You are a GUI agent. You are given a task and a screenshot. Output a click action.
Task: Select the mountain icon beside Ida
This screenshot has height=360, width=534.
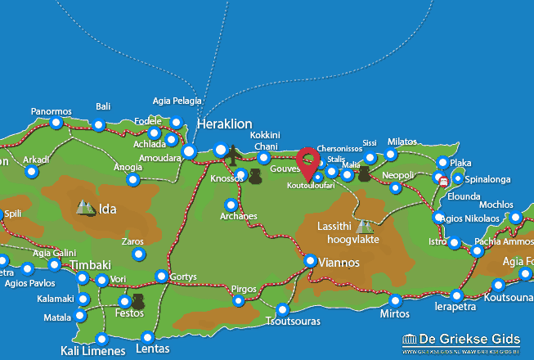point(85,208)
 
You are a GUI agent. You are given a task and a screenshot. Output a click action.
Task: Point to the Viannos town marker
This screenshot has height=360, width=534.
point(311,260)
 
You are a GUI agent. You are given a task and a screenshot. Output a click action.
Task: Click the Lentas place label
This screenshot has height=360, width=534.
point(150,349)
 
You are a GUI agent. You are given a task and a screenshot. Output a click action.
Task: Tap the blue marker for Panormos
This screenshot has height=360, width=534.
point(56,124)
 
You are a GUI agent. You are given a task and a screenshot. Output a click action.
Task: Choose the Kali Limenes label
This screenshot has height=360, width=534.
point(92,352)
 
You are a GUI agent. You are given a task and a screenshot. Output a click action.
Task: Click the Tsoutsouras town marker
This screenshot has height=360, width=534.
point(282,310)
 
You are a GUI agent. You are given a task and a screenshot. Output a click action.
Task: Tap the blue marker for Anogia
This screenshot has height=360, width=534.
point(132,179)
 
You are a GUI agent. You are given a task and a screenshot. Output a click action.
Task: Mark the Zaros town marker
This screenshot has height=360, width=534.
point(137,254)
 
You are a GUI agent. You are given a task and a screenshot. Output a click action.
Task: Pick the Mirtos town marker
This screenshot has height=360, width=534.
point(395,300)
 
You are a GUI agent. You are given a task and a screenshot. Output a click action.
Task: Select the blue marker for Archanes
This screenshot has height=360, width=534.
point(231,205)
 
